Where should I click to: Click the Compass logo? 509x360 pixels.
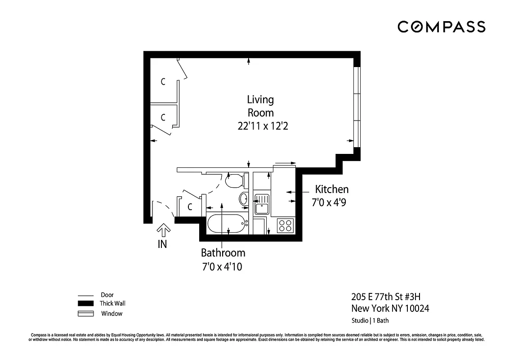tap(441, 27)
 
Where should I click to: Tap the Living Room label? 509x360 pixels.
tap(260, 106)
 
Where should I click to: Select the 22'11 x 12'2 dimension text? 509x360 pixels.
tap(263, 126)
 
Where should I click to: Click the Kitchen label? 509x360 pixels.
tap(331, 189)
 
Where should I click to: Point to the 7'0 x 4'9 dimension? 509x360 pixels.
tap(329, 203)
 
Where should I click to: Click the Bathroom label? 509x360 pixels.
tap(223, 253)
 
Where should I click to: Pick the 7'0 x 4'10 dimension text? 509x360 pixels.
tap(222, 267)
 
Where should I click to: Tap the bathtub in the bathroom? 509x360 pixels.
tap(228, 223)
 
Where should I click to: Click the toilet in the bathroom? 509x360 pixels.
tap(235, 181)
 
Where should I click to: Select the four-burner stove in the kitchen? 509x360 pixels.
tap(285, 225)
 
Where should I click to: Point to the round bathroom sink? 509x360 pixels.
tap(243, 198)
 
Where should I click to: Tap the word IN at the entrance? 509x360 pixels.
tap(162, 245)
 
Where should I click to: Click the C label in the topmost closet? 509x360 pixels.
tap(163, 82)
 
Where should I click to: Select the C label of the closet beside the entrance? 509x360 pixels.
tap(190, 207)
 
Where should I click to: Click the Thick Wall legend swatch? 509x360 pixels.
tap(85, 303)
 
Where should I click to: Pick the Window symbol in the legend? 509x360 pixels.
tap(85, 314)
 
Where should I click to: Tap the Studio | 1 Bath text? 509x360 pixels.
tap(370, 321)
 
